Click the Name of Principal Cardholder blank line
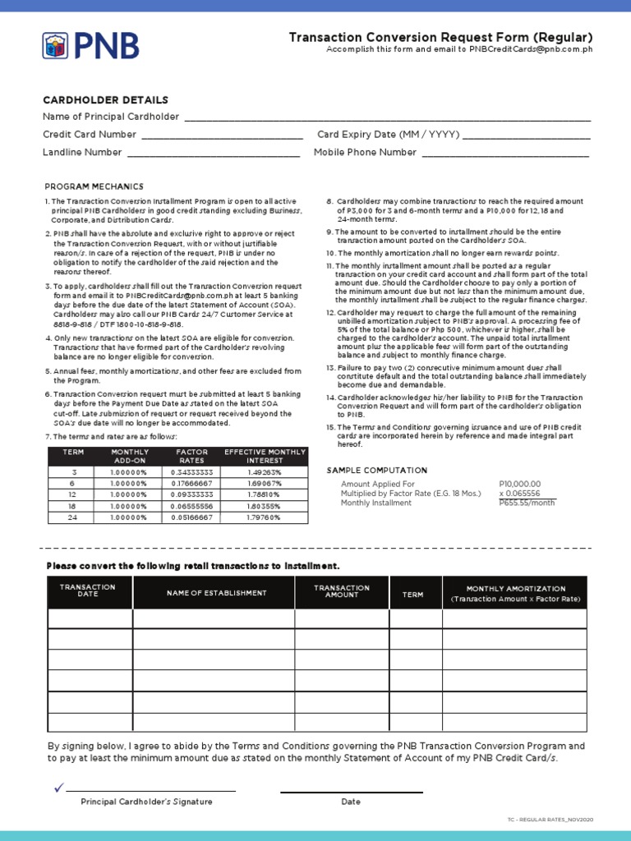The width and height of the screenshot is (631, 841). pos(387,119)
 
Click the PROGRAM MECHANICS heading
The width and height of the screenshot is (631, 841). pos(94,186)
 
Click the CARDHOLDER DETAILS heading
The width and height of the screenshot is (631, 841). pos(105,99)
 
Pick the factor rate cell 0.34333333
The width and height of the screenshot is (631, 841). pos(192,472)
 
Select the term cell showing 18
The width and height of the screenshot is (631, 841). pos(73,508)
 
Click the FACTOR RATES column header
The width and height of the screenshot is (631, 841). pos(192,456)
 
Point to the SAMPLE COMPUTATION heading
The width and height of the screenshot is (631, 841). pos(377,470)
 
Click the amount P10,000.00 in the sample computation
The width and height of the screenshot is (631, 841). pos(520,485)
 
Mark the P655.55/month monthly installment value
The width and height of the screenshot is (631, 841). pos(527,503)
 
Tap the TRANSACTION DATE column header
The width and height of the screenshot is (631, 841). pos(88,591)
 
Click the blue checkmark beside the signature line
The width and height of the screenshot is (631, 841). pos(58,788)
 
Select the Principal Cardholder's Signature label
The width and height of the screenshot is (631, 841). pos(146,802)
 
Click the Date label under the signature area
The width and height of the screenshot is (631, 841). pos(351,802)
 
